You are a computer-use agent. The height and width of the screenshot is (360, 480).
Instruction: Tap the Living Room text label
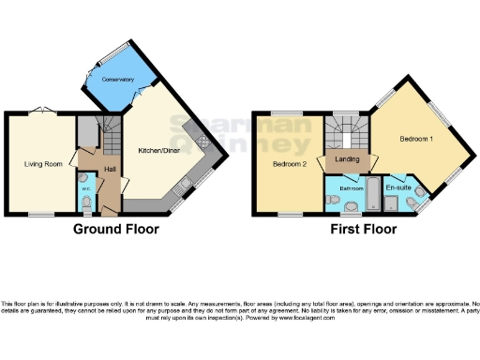pyautogui.click(x=43, y=164)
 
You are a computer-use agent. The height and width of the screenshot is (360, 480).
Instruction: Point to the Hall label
pyautogui.click(x=110, y=169)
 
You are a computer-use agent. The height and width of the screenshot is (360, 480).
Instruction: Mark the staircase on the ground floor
pyautogui.click(x=110, y=141)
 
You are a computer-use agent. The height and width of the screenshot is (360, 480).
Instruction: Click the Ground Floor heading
pyautogui.click(x=116, y=229)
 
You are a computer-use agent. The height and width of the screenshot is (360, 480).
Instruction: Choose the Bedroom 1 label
pyautogui.click(x=416, y=139)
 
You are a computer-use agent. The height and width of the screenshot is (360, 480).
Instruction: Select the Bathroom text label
pyautogui.click(x=351, y=187)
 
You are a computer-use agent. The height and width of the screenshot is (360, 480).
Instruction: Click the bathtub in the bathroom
pyautogui.click(x=373, y=194)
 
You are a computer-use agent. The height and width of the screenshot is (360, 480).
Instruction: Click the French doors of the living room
pyautogui.click(x=40, y=112)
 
